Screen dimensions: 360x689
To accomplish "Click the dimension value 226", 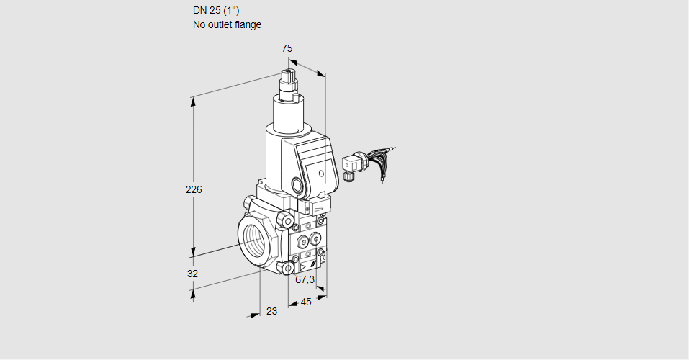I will [x=194, y=190].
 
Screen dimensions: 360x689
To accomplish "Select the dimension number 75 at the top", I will [x=287, y=48].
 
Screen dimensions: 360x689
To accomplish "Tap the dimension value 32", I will [x=192, y=274].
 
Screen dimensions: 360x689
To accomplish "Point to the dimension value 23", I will [x=271, y=311].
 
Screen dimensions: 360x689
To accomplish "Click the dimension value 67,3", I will [x=305, y=279].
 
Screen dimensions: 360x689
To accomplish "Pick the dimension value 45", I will [x=306, y=302].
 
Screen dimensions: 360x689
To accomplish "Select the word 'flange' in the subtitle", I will [x=248, y=24].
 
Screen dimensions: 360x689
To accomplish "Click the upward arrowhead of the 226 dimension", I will [x=193, y=102].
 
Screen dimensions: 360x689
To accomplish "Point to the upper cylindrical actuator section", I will [x=291, y=112].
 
